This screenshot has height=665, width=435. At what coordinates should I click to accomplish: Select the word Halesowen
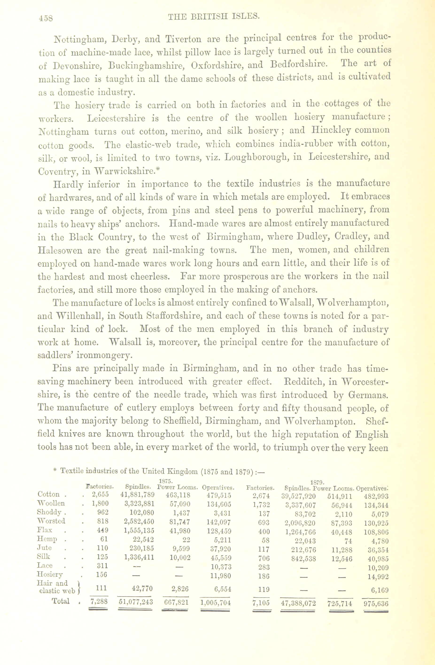pos(60,250)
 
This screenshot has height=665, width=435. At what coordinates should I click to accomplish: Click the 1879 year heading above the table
pos(317,483)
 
